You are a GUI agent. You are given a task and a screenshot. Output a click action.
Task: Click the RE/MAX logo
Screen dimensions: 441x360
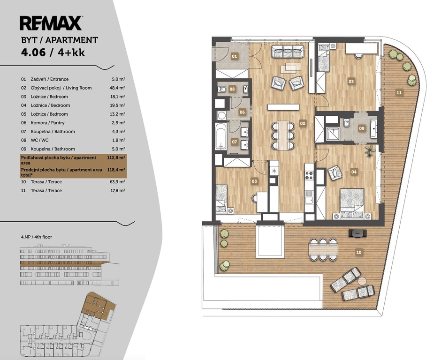click(51, 23)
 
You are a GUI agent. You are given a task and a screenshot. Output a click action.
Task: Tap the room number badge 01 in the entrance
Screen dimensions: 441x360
click(234, 56)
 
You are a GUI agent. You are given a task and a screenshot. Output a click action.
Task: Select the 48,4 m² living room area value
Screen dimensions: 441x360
click(117, 88)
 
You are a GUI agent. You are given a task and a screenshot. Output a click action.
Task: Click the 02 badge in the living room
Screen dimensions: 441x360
click(303, 123)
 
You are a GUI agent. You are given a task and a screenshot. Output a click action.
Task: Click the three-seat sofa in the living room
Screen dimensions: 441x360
click(288, 52)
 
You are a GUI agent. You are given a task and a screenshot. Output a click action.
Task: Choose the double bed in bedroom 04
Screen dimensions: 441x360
click(352, 203)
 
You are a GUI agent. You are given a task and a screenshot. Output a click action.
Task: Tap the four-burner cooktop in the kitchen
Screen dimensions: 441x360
click(309, 175)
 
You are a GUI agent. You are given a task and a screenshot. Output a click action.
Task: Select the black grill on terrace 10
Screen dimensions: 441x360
click(357, 233)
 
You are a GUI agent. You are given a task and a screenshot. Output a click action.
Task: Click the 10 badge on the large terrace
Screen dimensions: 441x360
click(359, 252)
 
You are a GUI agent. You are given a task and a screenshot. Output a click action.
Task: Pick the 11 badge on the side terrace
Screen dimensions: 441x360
click(399, 92)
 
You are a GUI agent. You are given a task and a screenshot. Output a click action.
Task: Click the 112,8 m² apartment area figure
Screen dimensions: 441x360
click(116, 157)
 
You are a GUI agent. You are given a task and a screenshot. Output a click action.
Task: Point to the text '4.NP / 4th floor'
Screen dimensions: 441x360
click(37, 237)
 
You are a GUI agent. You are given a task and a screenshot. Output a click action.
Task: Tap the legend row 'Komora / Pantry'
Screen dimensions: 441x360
click(47, 123)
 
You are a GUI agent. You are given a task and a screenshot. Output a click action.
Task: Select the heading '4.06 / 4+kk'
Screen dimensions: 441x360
click(53, 52)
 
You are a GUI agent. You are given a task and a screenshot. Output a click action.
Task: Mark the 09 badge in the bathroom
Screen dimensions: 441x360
click(362, 128)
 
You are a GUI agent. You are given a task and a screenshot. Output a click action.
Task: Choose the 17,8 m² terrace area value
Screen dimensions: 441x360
click(118, 190)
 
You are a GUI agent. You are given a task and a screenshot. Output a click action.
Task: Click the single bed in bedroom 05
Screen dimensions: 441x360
click(221, 198)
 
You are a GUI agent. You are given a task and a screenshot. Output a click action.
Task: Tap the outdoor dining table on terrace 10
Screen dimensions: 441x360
click(323, 249)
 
